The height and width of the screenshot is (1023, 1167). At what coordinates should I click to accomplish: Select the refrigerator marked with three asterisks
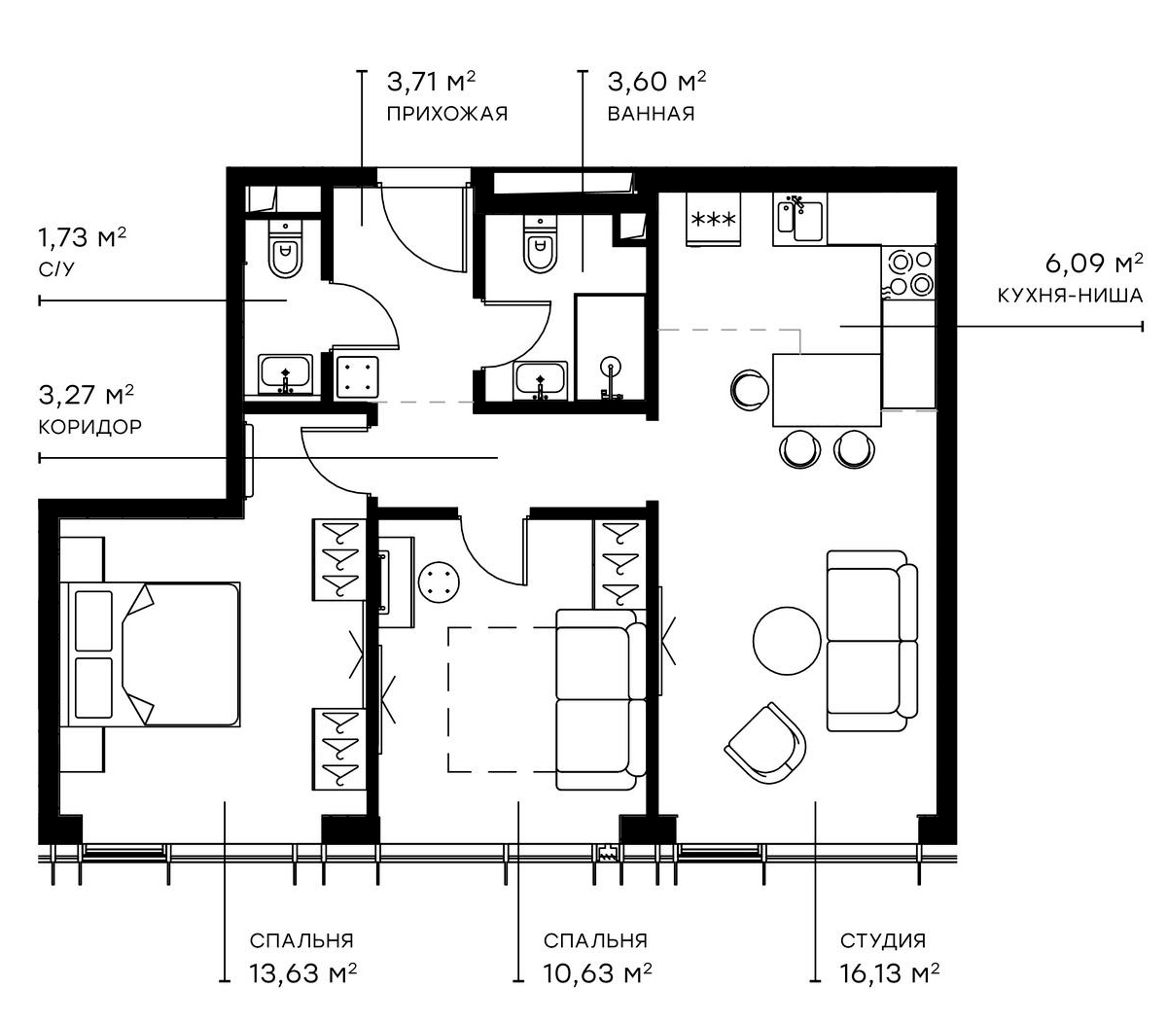coord(713,219)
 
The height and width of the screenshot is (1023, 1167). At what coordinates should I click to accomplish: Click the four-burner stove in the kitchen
coord(908,271)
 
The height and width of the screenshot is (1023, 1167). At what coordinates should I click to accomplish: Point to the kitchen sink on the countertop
coord(798,219)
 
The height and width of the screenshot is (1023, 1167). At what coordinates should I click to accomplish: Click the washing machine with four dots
coord(356,374)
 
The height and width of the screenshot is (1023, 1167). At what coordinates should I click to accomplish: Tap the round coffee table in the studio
coord(787,640)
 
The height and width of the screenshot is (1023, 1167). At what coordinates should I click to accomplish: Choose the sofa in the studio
coord(871,640)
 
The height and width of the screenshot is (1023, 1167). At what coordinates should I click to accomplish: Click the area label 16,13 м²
coord(889,972)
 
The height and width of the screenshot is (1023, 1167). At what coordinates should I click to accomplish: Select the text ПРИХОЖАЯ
coord(446,114)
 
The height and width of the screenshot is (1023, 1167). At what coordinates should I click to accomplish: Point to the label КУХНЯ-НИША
coord(1070,295)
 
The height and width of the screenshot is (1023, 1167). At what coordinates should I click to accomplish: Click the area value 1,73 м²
coord(82,237)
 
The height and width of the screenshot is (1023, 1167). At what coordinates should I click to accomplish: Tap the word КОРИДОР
coord(89,426)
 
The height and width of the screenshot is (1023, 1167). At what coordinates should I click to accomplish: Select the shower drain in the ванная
coord(611,367)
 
